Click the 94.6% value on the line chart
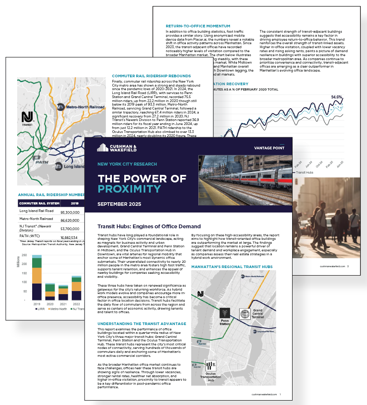coord(337,97)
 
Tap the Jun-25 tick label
coord(339,164)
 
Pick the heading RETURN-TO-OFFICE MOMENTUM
coord(198,26)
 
